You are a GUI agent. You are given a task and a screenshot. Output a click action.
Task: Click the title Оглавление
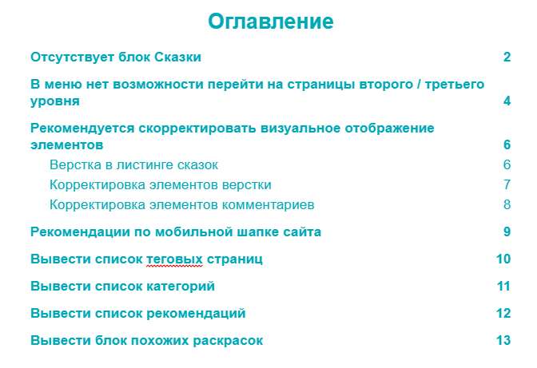[x=270, y=22]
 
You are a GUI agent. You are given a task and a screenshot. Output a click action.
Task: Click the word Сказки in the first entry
[x=175, y=57]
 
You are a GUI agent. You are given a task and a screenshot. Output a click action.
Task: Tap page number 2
[x=507, y=57]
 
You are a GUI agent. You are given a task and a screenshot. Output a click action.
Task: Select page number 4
[x=507, y=101]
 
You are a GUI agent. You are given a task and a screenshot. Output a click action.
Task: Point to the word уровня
[x=54, y=101]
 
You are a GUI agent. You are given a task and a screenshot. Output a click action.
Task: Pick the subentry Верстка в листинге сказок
[x=133, y=165]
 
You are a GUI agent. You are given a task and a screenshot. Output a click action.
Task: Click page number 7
[x=507, y=185]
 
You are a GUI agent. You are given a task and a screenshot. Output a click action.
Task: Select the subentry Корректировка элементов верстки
[x=160, y=185]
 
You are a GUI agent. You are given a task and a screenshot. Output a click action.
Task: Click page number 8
[x=507, y=205]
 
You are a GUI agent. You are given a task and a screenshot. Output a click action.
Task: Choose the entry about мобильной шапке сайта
[x=176, y=232]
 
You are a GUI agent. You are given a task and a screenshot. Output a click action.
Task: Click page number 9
[x=507, y=232]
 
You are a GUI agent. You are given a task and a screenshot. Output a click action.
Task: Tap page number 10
[x=503, y=259]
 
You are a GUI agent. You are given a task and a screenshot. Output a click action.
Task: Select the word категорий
[x=180, y=287]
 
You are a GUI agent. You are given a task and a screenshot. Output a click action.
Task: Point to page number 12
[x=503, y=314]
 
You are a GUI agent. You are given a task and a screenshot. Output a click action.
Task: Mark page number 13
[x=503, y=341]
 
